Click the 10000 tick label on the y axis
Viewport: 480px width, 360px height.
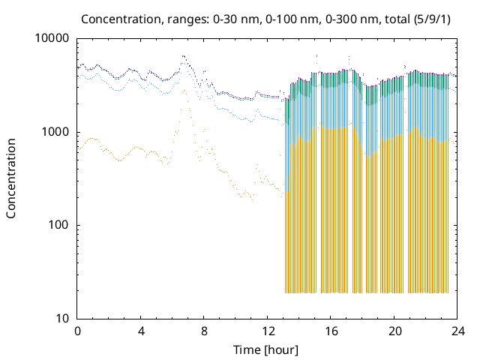coord(52,38)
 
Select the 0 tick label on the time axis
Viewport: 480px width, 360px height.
coord(77,331)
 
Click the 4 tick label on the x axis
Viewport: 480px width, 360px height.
coord(141,331)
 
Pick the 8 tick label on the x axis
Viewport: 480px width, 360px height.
coord(204,331)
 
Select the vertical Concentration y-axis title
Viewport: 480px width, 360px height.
coord(11,178)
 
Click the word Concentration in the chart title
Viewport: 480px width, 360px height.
coord(118,18)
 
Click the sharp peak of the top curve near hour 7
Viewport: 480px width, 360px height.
coord(182,55)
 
